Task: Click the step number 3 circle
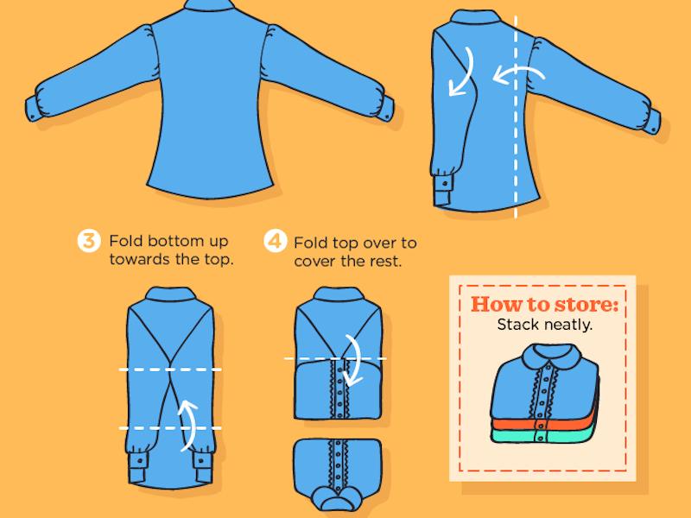89,241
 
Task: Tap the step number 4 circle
276,241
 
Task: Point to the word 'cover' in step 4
315,262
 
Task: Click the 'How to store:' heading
545,305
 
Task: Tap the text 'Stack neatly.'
545,325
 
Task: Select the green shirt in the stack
544,436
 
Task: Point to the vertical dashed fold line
516,117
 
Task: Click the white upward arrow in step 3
188,425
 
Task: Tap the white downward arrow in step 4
354,360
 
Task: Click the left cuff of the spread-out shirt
33,109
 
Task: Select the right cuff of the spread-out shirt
386,109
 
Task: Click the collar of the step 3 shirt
170,294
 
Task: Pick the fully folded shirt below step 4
338,473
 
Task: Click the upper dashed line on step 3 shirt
170,370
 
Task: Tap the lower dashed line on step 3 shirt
170,427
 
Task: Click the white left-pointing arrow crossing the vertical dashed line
519,73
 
